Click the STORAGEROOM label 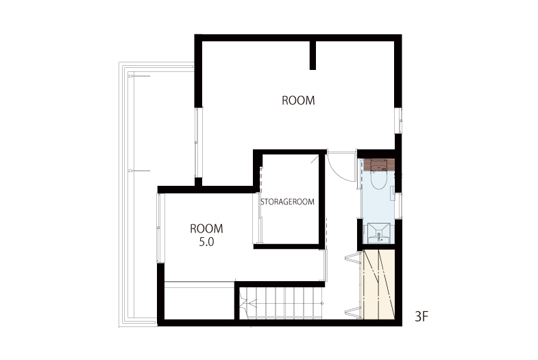pos(287,202)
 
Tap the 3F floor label pos(421,316)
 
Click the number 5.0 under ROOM pos(206,242)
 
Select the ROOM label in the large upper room pos(298,101)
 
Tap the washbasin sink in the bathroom pos(379,233)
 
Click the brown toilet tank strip pos(379,165)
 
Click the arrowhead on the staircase pos(252,303)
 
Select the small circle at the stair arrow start pos(322,303)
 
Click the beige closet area pos(379,285)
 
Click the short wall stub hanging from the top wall pos(313,55)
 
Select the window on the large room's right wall pos(399,121)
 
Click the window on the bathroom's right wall pos(399,206)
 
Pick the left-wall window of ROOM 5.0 pos(160,228)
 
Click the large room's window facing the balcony pos(198,143)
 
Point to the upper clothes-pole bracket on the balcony pos(139,76)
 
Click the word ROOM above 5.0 pos(206,228)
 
